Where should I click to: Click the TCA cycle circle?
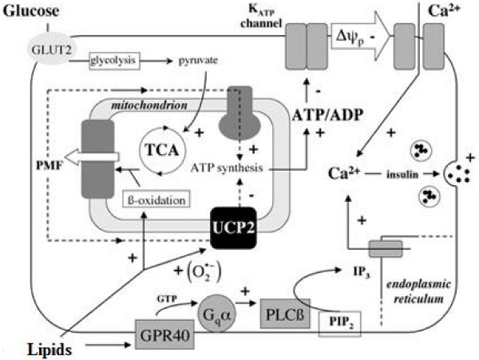click(x=159, y=149)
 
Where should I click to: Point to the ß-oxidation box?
click(x=156, y=196)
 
